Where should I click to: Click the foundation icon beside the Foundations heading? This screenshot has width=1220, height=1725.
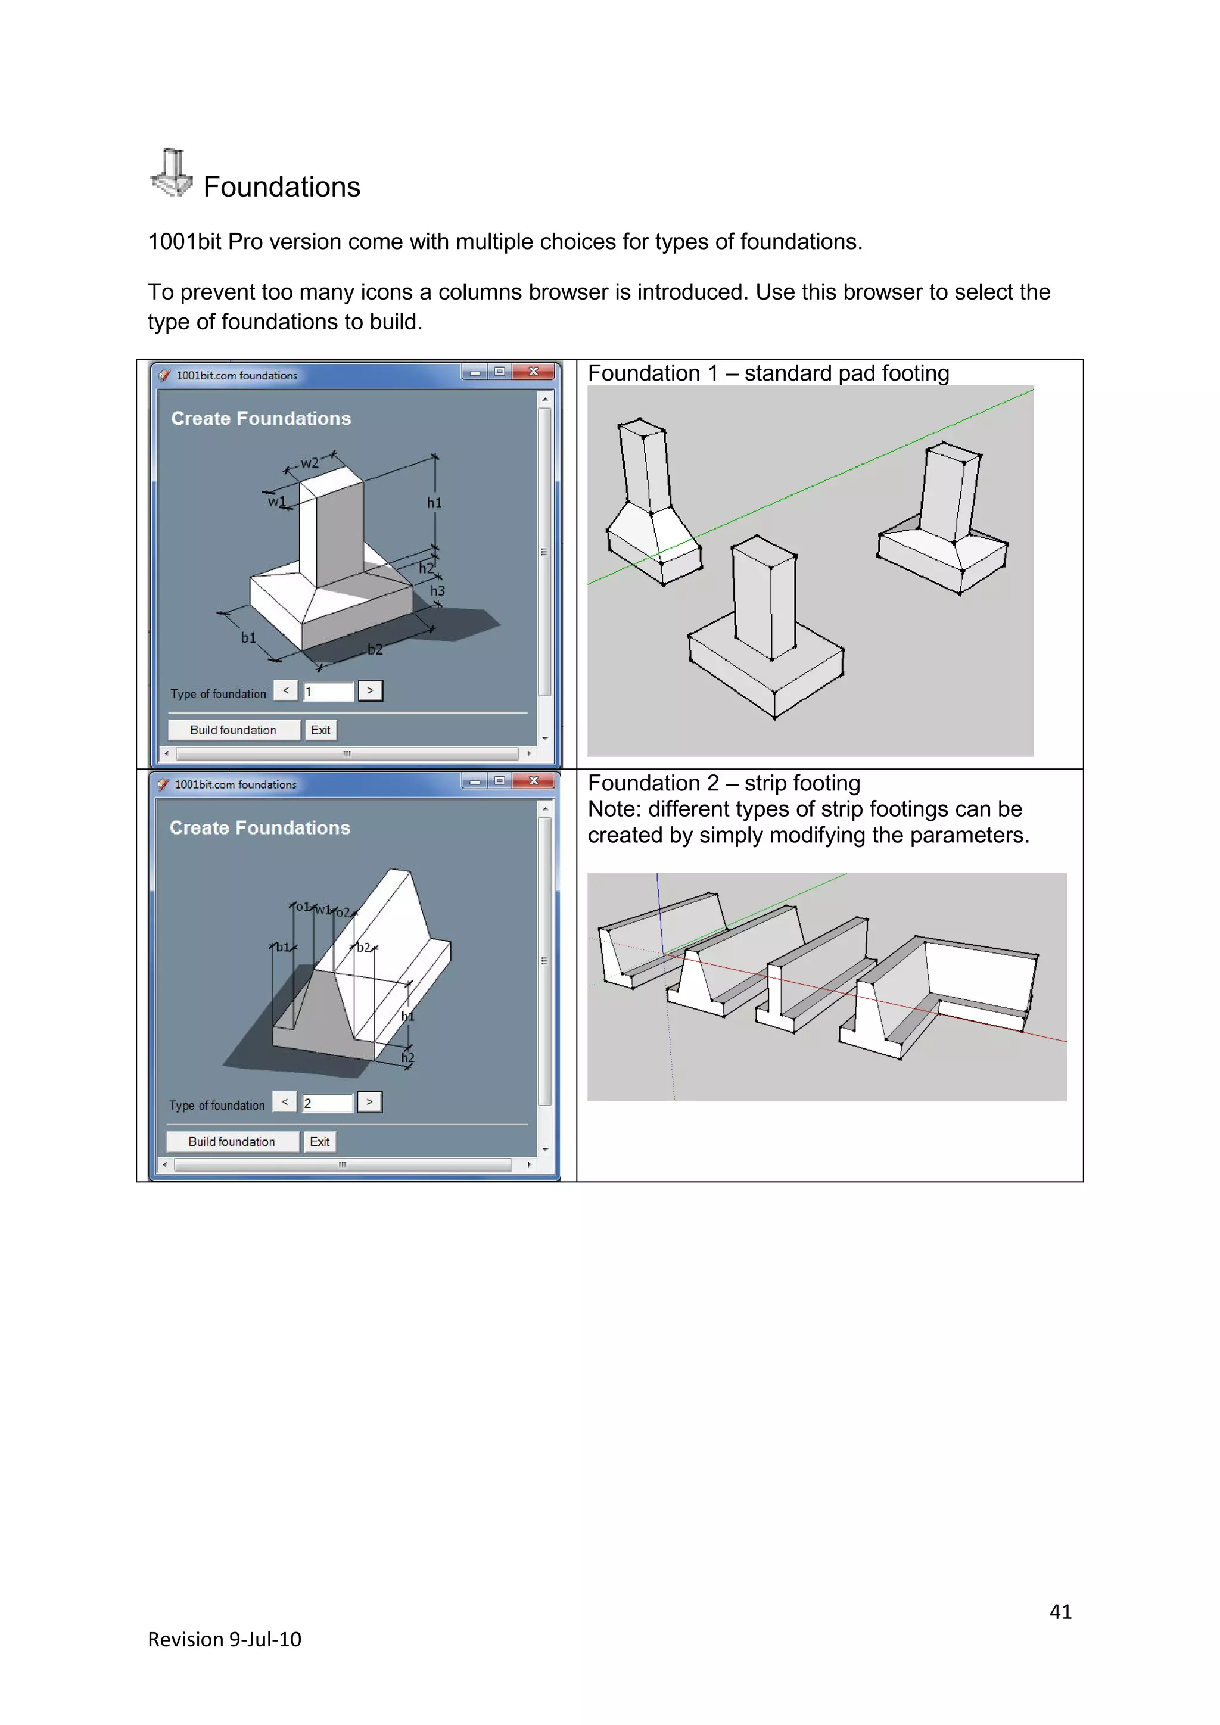tap(172, 173)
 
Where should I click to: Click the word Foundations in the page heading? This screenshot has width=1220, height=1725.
tap(282, 187)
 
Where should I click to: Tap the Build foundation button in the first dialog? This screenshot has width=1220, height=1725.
tap(233, 730)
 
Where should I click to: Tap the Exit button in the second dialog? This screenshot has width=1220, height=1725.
tap(319, 1141)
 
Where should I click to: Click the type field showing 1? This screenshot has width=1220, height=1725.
tap(328, 691)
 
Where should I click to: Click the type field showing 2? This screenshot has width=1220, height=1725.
tap(327, 1103)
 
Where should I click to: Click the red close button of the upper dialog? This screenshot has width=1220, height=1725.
tap(533, 372)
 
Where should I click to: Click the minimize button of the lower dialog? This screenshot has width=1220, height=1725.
tap(474, 781)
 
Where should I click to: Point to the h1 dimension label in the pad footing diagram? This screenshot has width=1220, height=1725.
tap(434, 503)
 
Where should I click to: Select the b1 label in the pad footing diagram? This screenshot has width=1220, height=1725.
tap(248, 638)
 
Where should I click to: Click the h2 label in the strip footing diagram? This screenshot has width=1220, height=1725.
tap(407, 1058)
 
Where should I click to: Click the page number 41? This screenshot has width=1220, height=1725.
tap(1060, 1612)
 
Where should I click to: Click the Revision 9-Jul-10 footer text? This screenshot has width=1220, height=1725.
tap(225, 1639)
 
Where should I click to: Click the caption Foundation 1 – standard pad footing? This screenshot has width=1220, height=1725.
tap(768, 373)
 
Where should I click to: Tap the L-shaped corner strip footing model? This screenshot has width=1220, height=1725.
tap(947, 992)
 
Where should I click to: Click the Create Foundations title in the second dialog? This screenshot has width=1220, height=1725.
tap(260, 828)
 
